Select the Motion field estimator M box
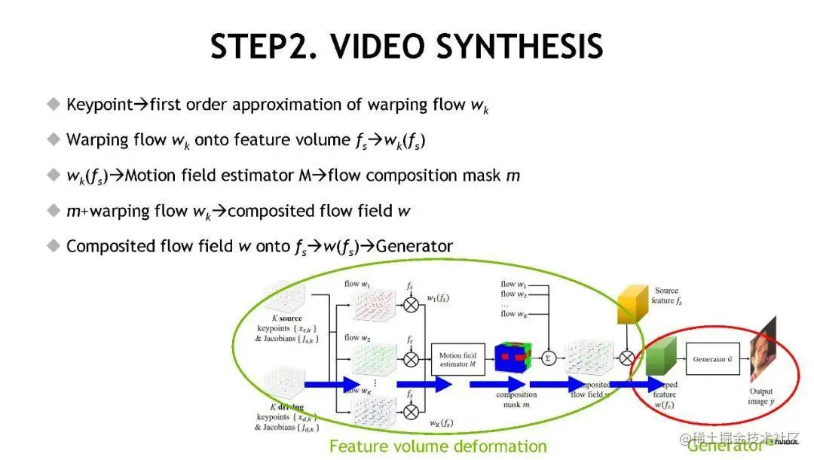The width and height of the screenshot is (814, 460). click(x=457, y=360)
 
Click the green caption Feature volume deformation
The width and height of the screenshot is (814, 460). click(x=438, y=446)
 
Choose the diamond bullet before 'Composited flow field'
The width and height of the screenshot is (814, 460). click(x=53, y=245)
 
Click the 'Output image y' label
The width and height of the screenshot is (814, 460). click(x=760, y=397)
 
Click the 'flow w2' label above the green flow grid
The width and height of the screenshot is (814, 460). click(x=357, y=338)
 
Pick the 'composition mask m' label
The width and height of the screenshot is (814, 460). click(x=516, y=400)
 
